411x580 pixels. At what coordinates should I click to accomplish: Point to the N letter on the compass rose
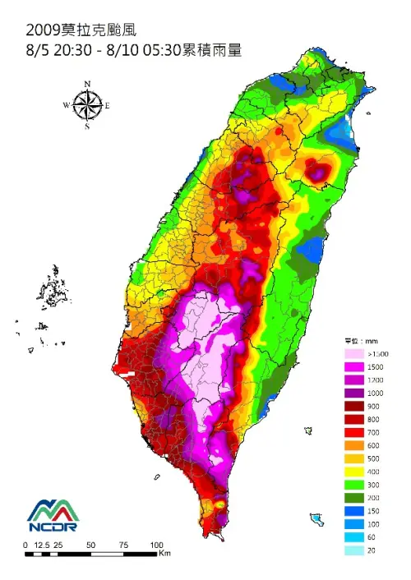pos(87,84)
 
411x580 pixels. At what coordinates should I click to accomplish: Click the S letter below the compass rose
pos(87,127)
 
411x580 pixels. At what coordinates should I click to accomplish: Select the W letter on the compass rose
pos(67,105)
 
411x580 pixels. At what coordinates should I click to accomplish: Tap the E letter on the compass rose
pos(108,105)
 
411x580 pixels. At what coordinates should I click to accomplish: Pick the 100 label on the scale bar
pos(157,545)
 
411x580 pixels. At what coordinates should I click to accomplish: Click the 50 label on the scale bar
pos(91,545)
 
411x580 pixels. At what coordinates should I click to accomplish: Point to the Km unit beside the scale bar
pos(164,554)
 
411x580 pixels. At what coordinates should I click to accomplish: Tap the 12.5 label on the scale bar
pos(44,545)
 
